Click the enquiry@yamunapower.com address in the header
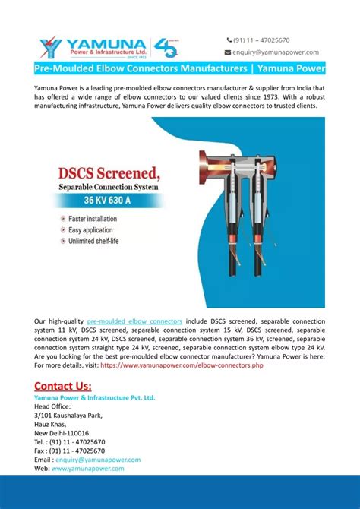276,52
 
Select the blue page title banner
180,69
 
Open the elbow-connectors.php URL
182,365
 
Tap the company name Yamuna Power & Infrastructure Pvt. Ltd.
95,397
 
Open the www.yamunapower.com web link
87,469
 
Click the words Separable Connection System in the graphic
107,186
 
